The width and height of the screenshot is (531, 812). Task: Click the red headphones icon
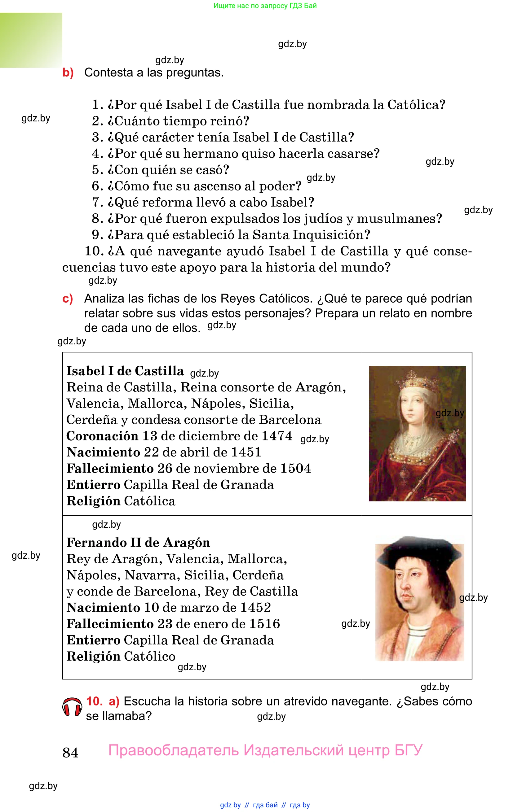click(72, 707)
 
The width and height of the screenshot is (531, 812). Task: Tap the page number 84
click(70, 753)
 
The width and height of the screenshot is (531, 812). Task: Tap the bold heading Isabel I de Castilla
click(125, 371)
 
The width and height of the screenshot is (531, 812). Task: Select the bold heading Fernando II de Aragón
click(138, 543)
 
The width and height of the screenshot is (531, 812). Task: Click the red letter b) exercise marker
click(68, 73)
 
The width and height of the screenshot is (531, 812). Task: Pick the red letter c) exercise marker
click(68, 299)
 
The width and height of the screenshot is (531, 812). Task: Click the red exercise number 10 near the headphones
click(94, 701)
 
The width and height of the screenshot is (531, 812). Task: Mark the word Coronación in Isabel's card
click(102, 436)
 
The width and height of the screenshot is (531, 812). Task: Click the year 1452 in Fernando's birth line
click(255, 608)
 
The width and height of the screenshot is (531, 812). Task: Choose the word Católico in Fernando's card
click(150, 657)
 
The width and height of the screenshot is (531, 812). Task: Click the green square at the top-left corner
click(31, 40)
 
